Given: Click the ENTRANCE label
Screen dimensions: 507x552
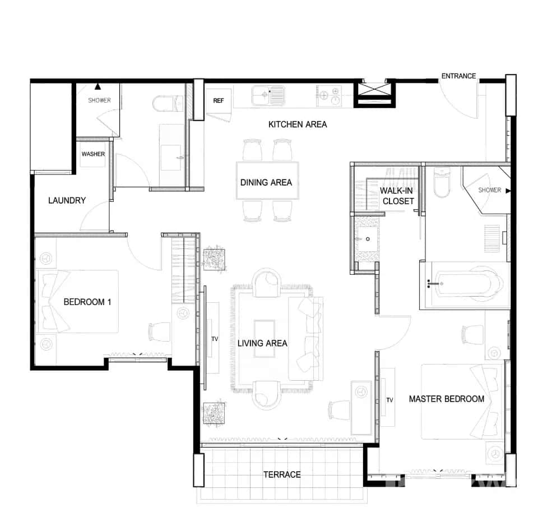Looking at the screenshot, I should (x=458, y=76).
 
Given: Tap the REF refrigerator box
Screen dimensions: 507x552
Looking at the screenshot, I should (x=219, y=101).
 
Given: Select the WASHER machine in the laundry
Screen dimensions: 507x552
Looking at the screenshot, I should (x=93, y=154).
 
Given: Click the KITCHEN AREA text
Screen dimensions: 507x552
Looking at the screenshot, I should (x=297, y=124).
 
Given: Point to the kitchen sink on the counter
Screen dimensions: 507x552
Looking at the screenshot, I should (x=268, y=95).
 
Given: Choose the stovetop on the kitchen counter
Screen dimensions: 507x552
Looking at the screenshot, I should (x=329, y=95).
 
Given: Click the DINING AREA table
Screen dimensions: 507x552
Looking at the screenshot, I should (x=267, y=181).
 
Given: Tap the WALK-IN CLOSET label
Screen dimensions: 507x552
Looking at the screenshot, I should (x=398, y=196).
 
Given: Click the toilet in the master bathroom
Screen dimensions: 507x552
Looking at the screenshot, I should (x=442, y=183).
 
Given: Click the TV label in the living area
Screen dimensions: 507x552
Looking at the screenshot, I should (x=214, y=339).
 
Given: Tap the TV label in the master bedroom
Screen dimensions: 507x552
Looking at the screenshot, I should (x=389, y=400).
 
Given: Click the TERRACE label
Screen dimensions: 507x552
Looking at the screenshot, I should (x=282, y=474).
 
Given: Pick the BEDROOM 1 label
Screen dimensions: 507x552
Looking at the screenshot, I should (x=87, y=302).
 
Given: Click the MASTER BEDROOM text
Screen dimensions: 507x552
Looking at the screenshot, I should (x=446, y=399).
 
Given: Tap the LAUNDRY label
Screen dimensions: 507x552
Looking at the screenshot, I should (x=67, y=200).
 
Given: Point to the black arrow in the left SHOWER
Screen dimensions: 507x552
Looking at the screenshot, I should (x=98, y=87).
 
